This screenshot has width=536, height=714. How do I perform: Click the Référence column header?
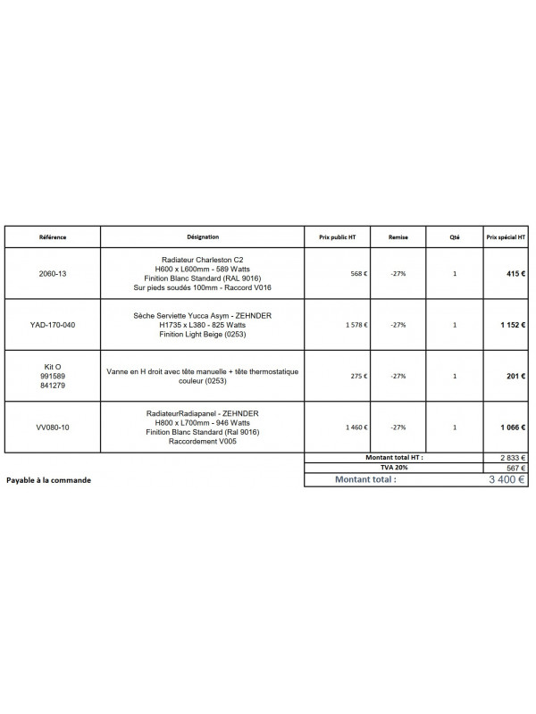(x=53, y=237)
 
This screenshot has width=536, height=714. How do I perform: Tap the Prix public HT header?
(x=337, y=237)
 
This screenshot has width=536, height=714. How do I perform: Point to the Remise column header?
(x=398, y=237)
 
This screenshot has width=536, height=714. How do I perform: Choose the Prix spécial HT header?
(x=505, y=237)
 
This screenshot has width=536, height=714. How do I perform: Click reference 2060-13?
(x=53, y=274)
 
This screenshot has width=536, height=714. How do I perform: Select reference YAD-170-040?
(x=53, y=325)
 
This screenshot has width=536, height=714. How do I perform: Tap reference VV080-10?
(x=53, y=428)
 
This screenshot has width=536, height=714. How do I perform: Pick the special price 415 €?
(x=513, y=274)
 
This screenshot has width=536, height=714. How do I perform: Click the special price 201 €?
(x=515, y=377)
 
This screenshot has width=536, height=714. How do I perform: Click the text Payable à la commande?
(x=48, y=479)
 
